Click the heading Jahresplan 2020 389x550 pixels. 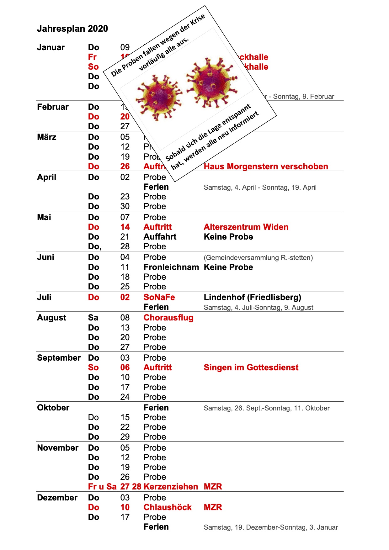tap(72, 29)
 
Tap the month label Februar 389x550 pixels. tap(53, 107)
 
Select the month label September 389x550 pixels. tap(59, 358)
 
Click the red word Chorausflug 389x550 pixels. tap(168, 318)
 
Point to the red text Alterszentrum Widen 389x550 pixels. tap(246, 227)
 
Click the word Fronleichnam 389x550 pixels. tap(171, 267)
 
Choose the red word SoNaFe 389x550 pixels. tap(159, 297)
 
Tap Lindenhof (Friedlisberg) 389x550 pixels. tap(252, 297)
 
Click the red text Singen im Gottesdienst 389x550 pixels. tap(251, 368)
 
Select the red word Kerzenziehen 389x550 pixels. tap(171, 487)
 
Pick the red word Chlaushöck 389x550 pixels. tap(168, 507)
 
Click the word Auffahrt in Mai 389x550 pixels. tap(160, 237)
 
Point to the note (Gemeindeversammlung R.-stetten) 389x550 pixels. tap(258, 258)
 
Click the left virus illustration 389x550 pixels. tap(158, 97)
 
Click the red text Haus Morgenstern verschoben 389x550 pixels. tap(266, 167)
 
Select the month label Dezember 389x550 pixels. tap(57, 498)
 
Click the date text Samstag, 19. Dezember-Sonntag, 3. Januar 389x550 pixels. tap(271, 527)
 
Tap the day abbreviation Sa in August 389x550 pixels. tap(93, 318)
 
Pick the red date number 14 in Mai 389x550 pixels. tap(125, 227)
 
